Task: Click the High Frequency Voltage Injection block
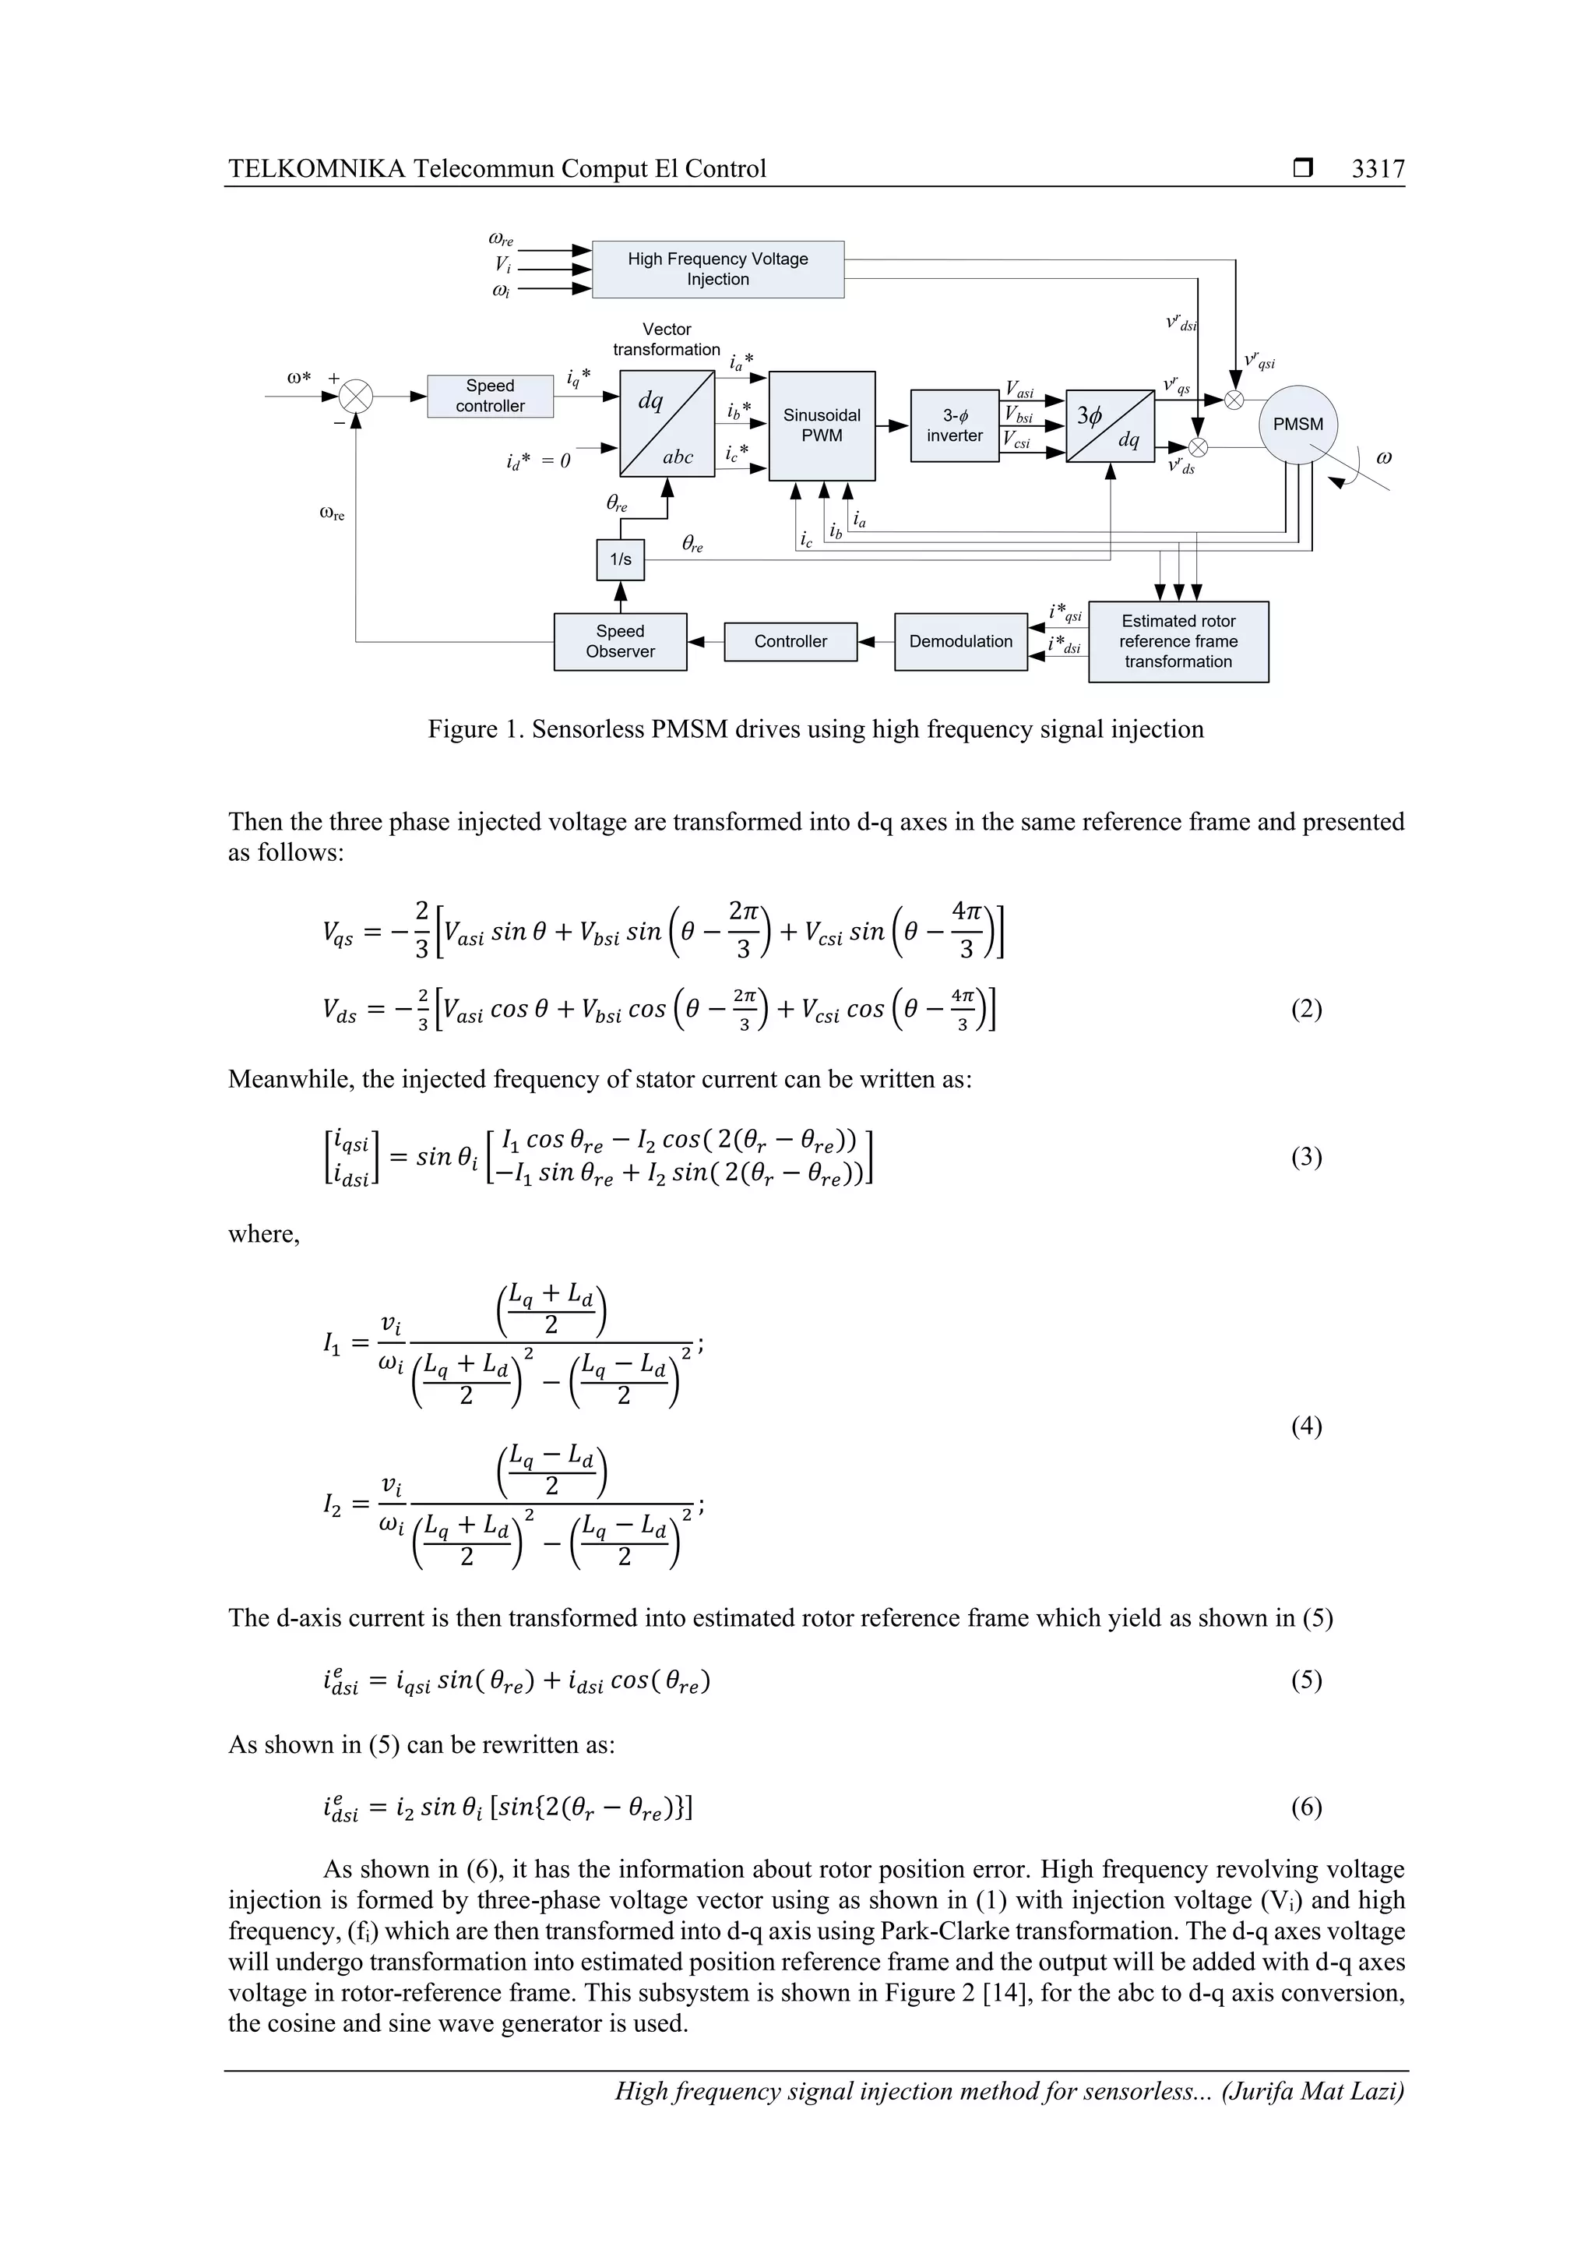717,270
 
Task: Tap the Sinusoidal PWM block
822,425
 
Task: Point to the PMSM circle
1297,425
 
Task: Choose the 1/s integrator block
620,559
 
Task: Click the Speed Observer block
620,642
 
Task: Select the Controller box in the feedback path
790,642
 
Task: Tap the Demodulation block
960,642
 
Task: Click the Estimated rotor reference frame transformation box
1178,642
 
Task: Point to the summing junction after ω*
356,397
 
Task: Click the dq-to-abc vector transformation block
667,424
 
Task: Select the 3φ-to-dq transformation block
1110,425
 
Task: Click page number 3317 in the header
1377,169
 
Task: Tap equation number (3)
1305,1157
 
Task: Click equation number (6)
1305,1807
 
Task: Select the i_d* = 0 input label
537,460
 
